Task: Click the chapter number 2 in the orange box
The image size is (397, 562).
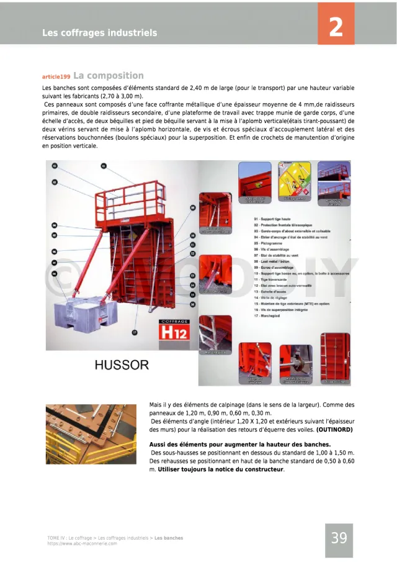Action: pos(336,27)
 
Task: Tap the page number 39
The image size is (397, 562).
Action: pos(339,538)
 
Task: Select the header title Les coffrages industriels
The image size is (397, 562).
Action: pos(100,33)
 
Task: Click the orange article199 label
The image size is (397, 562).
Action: pos(56,77)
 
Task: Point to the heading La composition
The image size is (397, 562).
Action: pos(109,76)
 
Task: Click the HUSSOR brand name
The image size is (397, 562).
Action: pos(122,365)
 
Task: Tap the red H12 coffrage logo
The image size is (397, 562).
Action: pos(178,331)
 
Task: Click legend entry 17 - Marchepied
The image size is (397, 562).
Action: pos(271,316)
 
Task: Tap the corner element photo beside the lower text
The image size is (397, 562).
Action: pos(91,433)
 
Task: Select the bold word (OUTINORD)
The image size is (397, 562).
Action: pos(335,430)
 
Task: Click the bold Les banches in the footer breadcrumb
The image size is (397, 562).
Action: pos(169,538)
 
